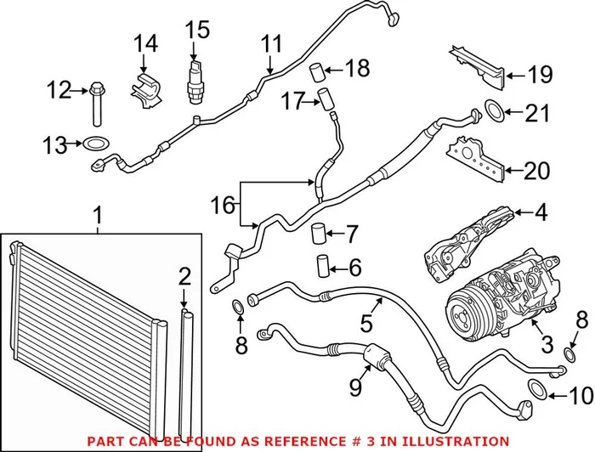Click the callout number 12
59,88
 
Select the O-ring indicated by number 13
96,144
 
